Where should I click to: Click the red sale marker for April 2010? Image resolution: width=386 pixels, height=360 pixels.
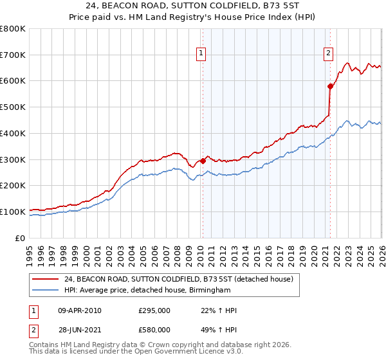(x=203, y=160)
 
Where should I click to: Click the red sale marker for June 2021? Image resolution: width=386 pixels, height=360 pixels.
(x=330, y=85)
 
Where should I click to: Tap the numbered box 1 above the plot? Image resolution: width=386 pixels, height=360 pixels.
(x=201, y=53)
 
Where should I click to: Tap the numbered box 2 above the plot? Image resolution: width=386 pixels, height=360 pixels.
(x=328, y=53)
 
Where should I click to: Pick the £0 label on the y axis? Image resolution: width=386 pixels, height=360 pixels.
(x=21, y=238)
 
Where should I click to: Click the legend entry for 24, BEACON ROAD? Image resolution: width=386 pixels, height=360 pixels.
(x=178, y=279)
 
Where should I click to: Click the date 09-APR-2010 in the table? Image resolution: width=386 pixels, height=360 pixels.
(x=79, y=310)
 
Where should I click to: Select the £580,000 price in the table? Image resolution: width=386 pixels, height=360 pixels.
(x=154, y=329)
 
